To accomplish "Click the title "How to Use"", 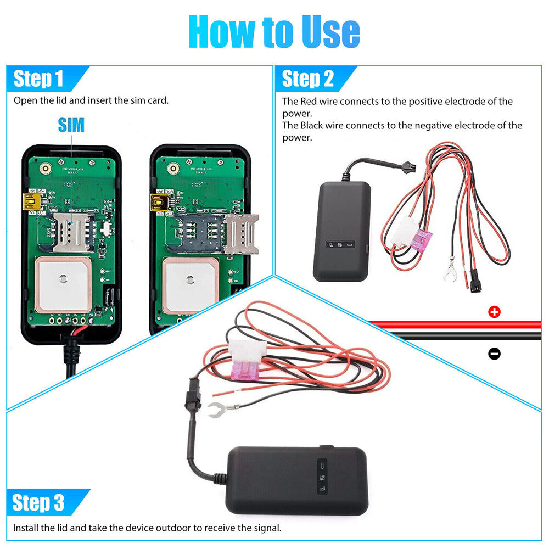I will [274, 32].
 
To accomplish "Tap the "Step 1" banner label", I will [38, 79].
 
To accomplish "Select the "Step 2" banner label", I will [307, 79].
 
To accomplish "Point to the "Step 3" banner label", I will [38, 502].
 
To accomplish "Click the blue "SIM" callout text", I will [71, 125].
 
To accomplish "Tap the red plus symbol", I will [494, 312].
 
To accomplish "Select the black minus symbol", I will [494, 354].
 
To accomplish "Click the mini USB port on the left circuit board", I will [31, 202].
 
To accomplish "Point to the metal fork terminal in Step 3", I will [220, 408].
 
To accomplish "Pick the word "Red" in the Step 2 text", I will [309, 102].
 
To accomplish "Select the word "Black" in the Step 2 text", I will [311, 126].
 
